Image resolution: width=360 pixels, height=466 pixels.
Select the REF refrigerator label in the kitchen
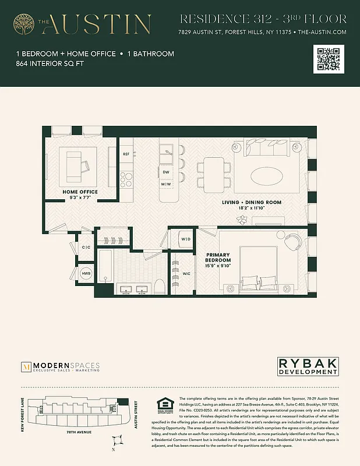(126, 154)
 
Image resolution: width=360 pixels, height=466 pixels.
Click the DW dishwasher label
(166, 173)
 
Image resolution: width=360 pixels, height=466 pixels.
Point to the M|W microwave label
(166, 185)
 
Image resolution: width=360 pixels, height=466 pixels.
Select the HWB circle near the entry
(86, 274)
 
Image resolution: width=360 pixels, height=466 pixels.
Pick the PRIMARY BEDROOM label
(218, 257)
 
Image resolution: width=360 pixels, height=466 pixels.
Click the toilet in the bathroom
(160, 286)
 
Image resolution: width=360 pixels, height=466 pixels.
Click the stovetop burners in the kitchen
(126, 178)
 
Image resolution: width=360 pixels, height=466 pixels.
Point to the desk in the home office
(74, 165)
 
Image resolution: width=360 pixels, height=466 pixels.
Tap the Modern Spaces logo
(61, 367)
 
